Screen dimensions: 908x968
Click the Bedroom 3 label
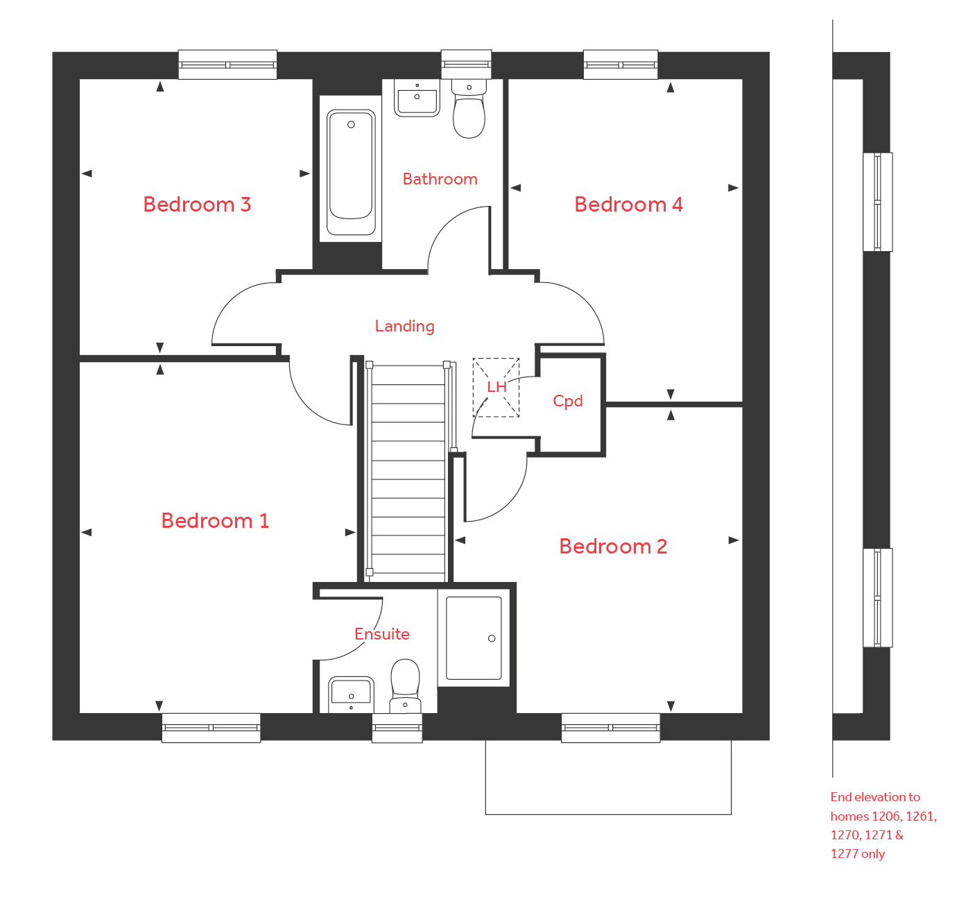click(197, 205)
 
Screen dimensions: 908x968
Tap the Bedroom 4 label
click(628, 205)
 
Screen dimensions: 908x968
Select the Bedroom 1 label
click(215, 521)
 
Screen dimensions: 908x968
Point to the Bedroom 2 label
click(613, 547)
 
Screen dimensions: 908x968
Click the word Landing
click(405, 326)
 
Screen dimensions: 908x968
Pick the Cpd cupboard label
click(568, 401)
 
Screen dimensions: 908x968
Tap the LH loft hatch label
click(496, 387)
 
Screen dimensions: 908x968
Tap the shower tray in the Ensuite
click(474, 637)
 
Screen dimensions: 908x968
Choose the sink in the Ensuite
click(351, 692)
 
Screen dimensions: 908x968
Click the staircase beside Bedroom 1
click(408, 472)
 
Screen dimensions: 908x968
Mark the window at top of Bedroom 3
click(227, 65)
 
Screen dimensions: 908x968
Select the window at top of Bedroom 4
click(621, 65)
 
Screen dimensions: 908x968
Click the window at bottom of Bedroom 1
click(211, 728)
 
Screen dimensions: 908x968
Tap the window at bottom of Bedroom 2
click(610, 728)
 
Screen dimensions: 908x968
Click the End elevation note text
click(882, 825)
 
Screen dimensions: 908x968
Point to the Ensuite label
click(382, 634)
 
